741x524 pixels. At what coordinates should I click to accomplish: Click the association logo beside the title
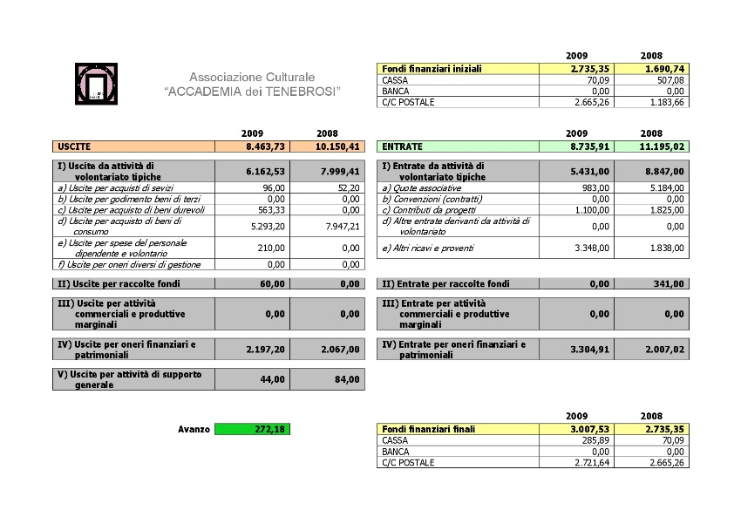click(97, 85)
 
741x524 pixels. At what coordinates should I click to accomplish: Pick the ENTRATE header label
click(403, 147)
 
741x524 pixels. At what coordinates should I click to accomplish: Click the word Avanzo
click(194, 429)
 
